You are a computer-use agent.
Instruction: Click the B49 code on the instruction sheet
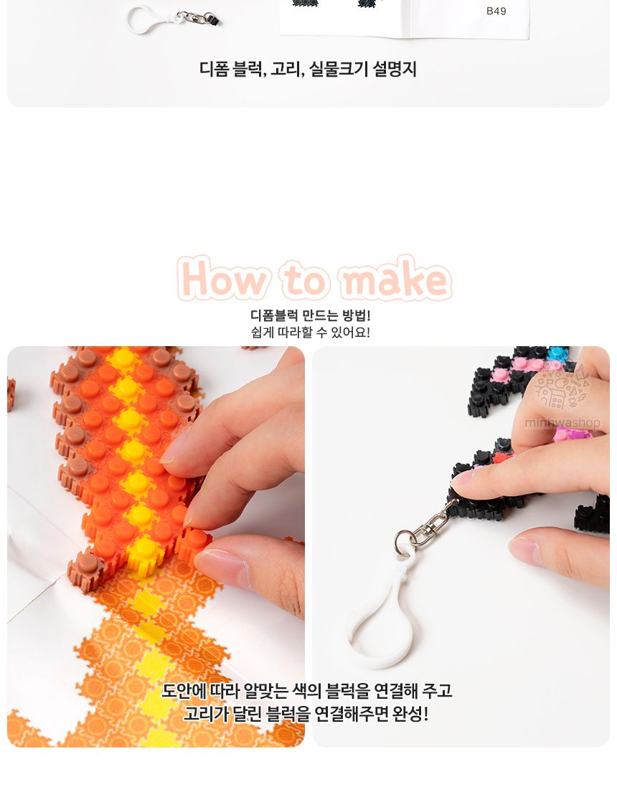496,11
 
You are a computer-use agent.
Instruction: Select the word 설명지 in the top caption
395,70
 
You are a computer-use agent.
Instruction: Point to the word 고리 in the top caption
286,70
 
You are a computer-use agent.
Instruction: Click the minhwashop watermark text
562,423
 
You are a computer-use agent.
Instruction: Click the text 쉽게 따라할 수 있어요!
310,333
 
